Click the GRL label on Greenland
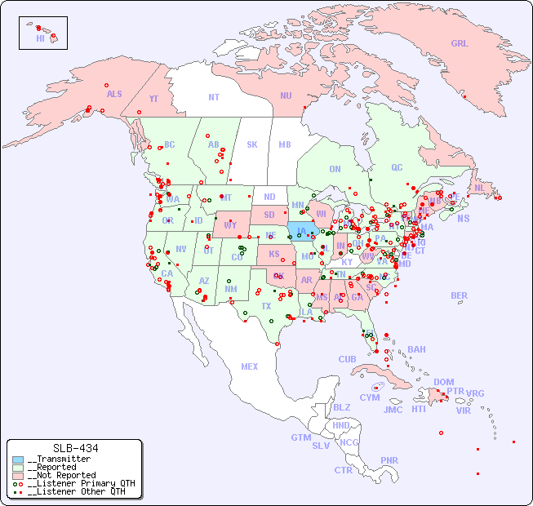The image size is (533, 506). (460, 44)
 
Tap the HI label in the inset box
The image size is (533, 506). (40, 38)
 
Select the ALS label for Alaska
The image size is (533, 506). (114, 94)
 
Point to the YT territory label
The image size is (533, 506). (153, 98)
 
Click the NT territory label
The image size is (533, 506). (213, 97)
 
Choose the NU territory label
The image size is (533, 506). (286, 95)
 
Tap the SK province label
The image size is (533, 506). (252, 144)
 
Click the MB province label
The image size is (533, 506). (285, 144)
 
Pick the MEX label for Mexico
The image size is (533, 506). (250, 366)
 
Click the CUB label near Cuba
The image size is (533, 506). (347, 359)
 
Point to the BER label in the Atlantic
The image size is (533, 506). (460, 295)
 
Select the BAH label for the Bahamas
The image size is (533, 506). (416, 349)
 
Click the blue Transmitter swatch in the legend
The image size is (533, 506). (18, 459)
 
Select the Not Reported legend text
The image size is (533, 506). (60, 475)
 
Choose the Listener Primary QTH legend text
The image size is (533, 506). (80, 483)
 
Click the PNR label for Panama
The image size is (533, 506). (389, 460)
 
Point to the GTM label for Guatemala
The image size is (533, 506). (301, 437)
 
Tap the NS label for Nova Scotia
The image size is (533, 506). (463, 218)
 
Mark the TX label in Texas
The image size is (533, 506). (266, 306)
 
